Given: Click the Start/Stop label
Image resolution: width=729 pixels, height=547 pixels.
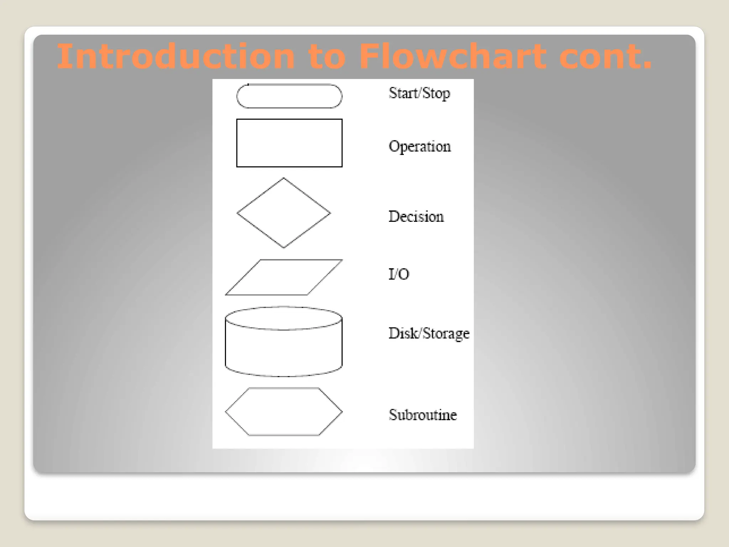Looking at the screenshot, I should [x=419, y=93].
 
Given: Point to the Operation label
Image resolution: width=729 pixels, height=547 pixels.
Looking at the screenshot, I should [x=419, y=147].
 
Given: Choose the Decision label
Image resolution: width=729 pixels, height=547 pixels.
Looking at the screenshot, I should [x=416, y=217].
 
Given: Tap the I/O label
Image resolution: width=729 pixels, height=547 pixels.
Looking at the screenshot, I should [x=399, y=274].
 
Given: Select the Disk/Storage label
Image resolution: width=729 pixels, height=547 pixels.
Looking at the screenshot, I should [x=429, y=333].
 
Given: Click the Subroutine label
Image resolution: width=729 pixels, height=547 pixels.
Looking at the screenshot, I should [x=423, y=415].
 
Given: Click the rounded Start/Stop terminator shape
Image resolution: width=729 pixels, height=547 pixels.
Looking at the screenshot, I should [x=289, y=96].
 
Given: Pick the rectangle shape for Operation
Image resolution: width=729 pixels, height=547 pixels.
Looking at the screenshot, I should [x=289, y=143].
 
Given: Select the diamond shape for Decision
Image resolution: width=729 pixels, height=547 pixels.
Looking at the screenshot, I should [x=284, y=213].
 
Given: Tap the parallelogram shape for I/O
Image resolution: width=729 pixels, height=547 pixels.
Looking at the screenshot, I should [x=284, y=277].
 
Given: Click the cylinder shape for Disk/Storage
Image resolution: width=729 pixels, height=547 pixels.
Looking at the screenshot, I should [x=284, y=349].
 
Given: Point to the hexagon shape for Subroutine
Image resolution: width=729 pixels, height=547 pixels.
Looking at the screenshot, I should [x=284, y=412].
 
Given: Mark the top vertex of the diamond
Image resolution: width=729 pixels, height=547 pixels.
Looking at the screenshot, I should [x=284, y=178].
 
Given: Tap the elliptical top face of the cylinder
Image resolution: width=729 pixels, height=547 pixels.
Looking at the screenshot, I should [x=284, y=318].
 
